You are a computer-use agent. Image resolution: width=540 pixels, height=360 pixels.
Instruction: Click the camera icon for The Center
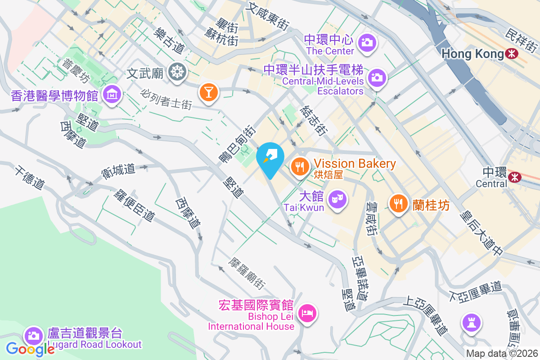[367, 43]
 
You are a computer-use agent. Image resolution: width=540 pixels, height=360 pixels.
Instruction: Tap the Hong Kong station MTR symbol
[511, 54]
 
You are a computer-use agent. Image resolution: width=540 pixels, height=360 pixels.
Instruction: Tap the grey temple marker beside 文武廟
[177, 72]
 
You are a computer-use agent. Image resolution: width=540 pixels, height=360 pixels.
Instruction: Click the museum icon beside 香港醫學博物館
[111, 94]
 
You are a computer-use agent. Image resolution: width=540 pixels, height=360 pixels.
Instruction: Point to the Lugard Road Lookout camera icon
[33, 335]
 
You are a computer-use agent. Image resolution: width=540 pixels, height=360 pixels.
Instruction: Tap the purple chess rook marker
[471, 323]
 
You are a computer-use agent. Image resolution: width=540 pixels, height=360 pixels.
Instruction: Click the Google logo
[30, 349]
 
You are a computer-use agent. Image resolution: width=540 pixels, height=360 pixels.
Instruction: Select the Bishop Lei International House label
[251, 321]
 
